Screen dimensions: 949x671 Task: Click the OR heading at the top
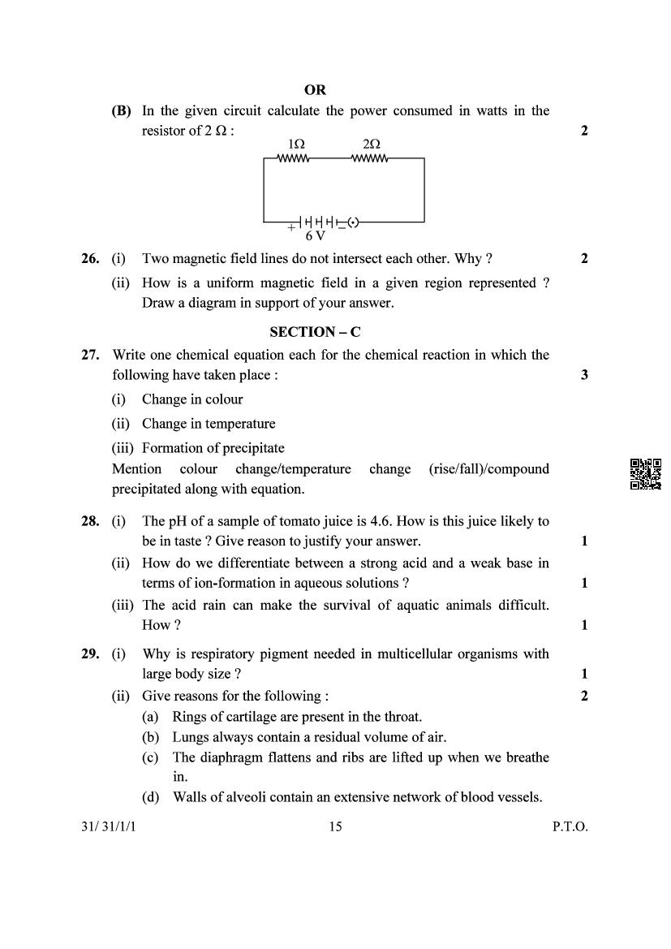tap(315, 90)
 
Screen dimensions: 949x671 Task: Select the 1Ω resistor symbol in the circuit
tap(293, 159)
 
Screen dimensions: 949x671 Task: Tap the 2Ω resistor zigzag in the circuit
tap(370, 159)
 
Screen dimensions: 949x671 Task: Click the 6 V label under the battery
tap(315, 236)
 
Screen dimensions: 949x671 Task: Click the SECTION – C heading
tap(315, 331)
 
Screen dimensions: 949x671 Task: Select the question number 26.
tap(90, 259)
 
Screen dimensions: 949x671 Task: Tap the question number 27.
tap(90, 355)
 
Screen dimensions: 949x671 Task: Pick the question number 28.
tap(90, 521)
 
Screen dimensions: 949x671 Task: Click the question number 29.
tap(90, 654)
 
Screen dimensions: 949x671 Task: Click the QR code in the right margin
tap(646, 474)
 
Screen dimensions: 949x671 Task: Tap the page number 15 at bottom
tap(335, 827)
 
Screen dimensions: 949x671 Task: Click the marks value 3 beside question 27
tap(584, 375)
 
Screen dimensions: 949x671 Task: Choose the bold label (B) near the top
tap(121, 111)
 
